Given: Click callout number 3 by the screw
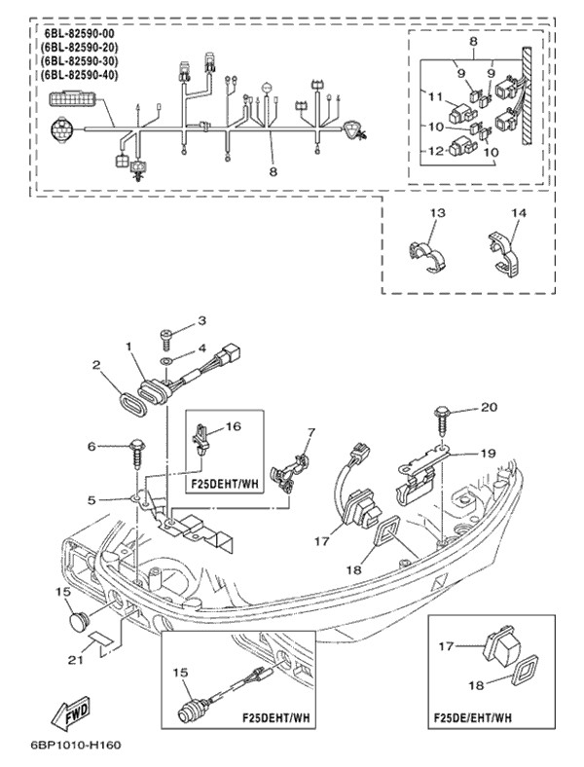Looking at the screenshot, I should pos(202,320).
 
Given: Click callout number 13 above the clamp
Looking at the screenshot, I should pos(437,213).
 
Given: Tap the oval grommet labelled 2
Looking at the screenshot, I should pos(131,400).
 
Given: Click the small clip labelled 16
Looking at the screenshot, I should pos(201,438).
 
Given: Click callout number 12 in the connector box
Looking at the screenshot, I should pos(433,152).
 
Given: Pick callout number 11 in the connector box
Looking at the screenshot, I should pos(434,97).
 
